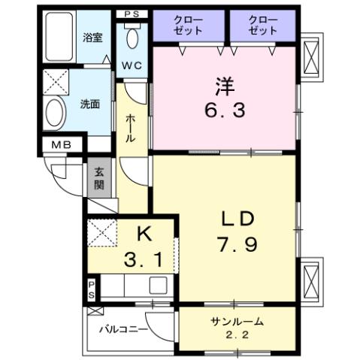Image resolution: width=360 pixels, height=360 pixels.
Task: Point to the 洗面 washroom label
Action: [90, 104]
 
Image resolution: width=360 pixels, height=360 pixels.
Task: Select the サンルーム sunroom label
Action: [237, 321]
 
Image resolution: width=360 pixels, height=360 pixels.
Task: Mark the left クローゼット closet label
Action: [189, 26]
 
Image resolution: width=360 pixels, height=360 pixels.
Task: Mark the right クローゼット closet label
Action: [263, 26]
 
